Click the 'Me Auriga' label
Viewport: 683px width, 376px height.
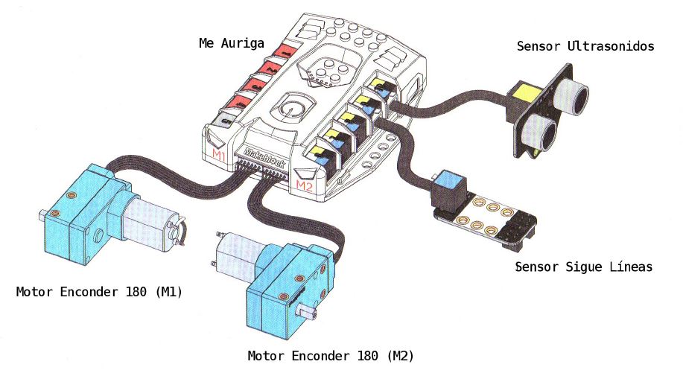pyautogui.click(x=231, y=43)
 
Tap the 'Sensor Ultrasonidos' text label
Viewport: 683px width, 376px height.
pyautogui.click(x=585, y=46)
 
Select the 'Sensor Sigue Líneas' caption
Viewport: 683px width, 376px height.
pyautogui.click(x=583, y=267)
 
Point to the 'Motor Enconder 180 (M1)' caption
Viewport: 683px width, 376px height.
pyautogui.click(x=100, y=292)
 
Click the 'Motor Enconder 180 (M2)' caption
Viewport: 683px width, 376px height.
pyautogui.click(x=331, y=355)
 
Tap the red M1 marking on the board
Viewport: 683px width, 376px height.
pyautogui.click(x=219, y=154)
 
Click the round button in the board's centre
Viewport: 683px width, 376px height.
pyautogui.click(x=290, y=109)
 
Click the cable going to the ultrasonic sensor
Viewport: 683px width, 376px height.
pyautogui.click(x=447, y=101)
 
